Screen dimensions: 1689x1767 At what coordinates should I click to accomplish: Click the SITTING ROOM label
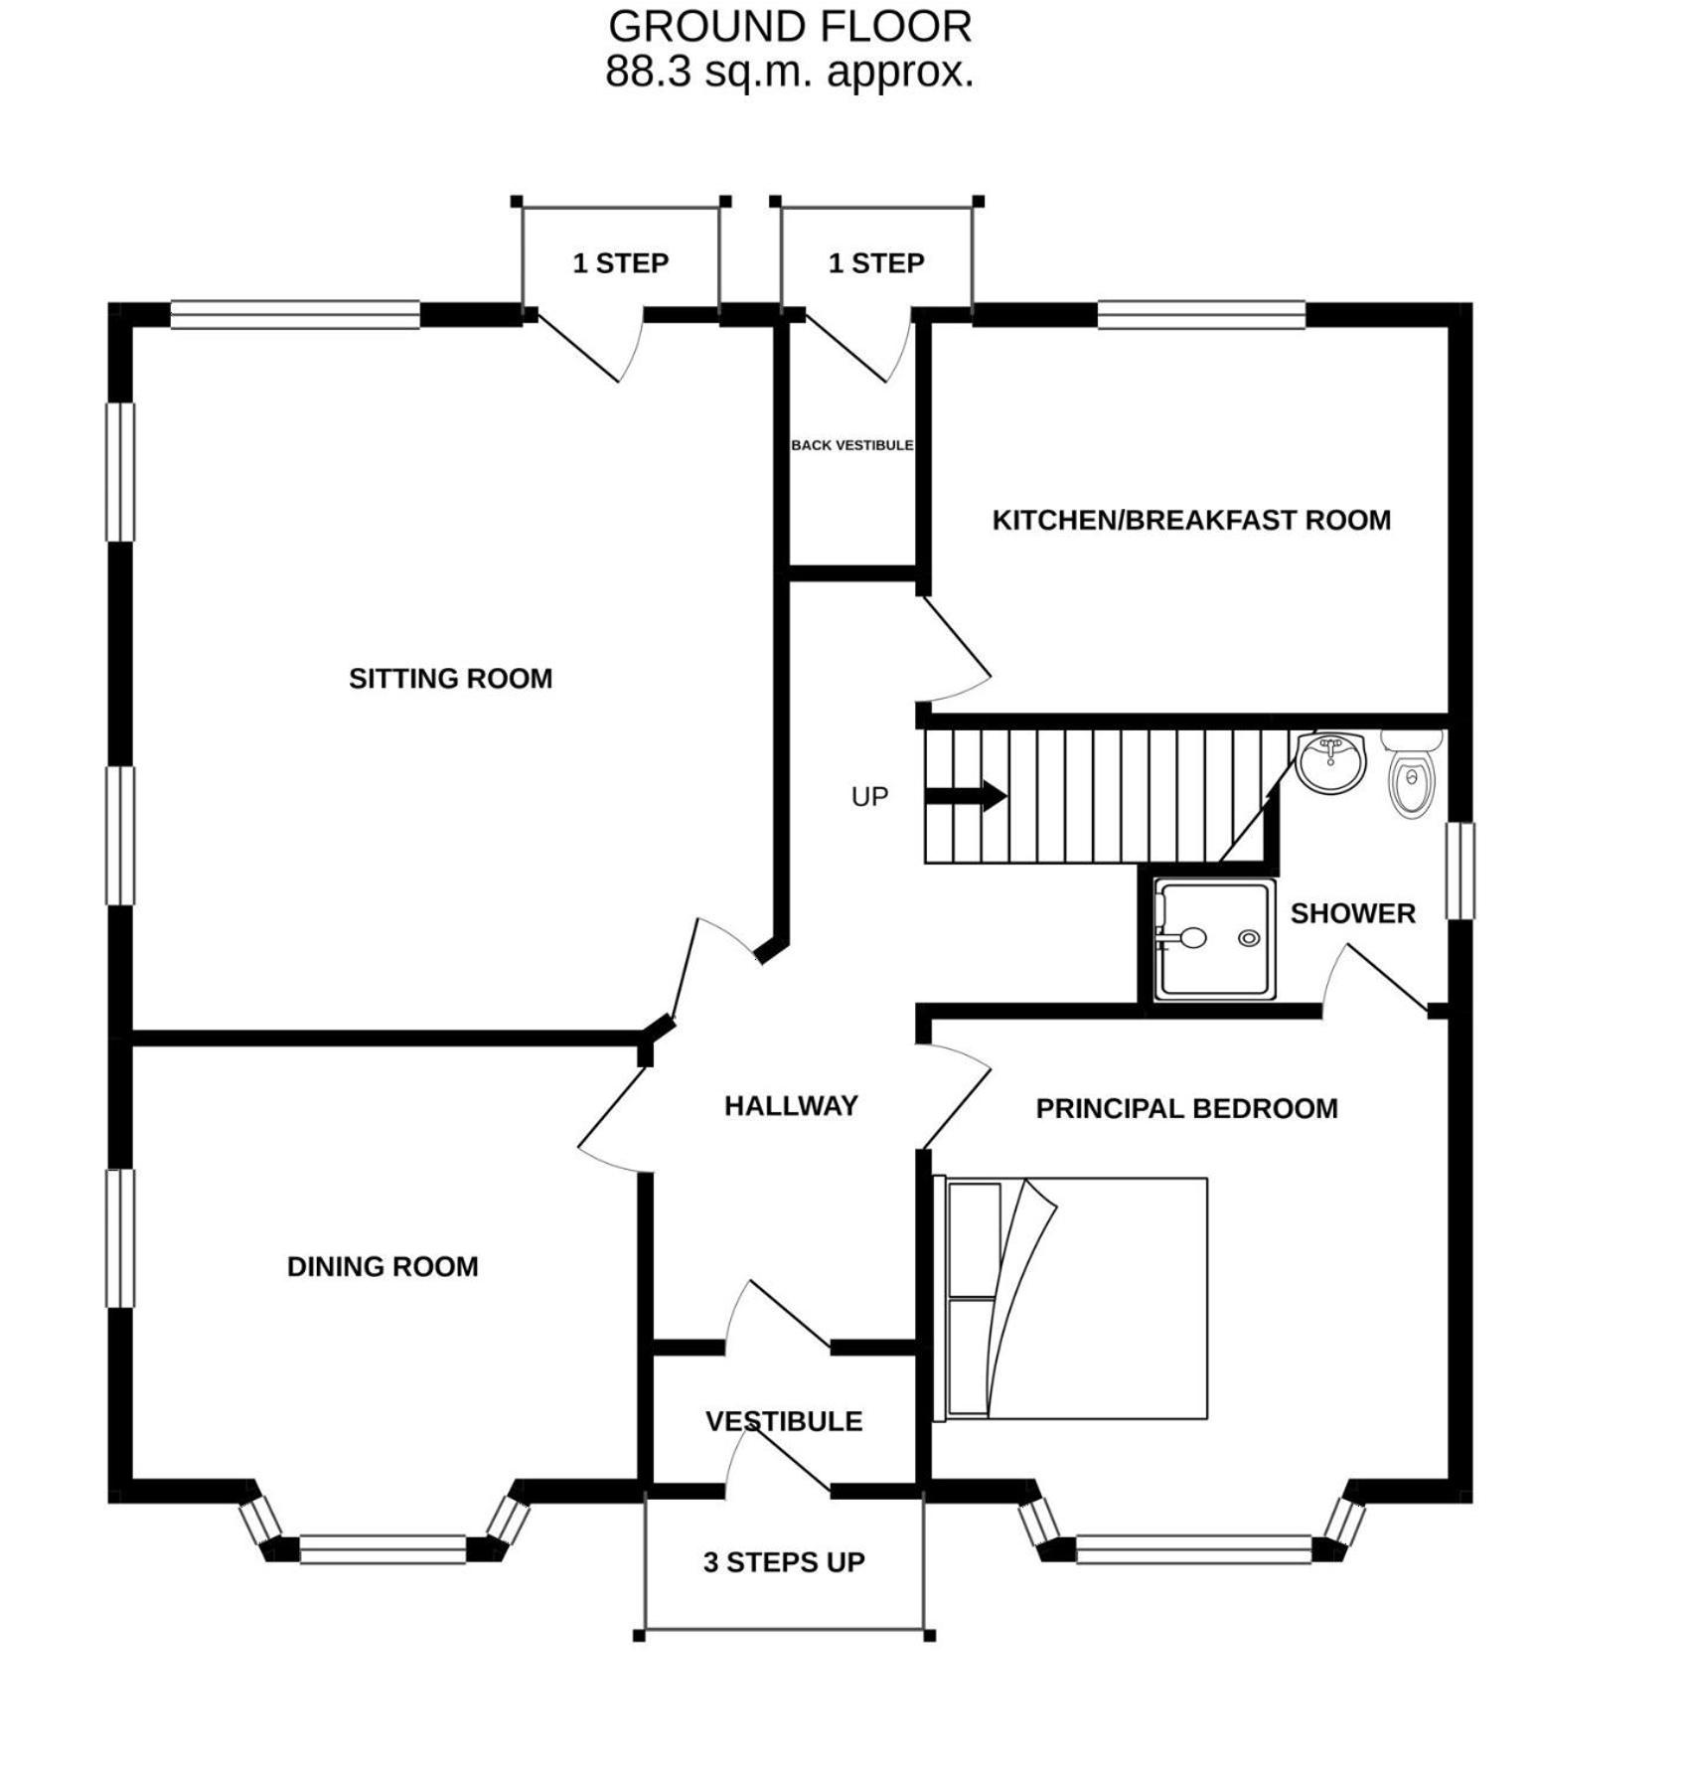point(450,679)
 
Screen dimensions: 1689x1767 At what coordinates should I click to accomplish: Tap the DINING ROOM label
point(383,1267)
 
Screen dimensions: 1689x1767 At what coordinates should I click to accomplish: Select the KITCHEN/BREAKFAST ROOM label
point(1191,520)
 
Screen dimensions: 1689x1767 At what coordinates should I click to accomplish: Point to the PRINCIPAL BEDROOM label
point(1186,1108)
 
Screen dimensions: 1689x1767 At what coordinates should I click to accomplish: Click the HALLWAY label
point(791,1106)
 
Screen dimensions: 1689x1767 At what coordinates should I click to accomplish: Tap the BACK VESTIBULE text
point(851,445)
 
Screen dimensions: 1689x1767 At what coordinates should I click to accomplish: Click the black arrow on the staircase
point(966,796)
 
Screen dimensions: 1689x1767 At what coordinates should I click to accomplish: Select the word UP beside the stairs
point(869,797)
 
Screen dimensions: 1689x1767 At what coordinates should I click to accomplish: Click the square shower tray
point(1213,939)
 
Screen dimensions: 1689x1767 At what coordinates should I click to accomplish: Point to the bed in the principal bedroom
point(1070,1299)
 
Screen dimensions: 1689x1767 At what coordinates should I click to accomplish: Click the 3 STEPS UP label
point(784,1563)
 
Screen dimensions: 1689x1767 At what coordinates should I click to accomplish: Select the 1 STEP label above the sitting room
point(621,263)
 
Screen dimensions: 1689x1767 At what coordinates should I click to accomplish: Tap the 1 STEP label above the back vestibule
point(876,263)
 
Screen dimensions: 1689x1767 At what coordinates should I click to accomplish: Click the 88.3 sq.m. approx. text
point(790,72)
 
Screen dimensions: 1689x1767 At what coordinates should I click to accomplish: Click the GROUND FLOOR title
point(790,27)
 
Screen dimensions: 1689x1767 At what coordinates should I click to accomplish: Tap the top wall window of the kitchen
point(1201,315)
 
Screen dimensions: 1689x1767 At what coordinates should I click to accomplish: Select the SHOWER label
point(1352,913)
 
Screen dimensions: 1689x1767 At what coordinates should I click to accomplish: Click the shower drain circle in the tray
point(1249,938)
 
